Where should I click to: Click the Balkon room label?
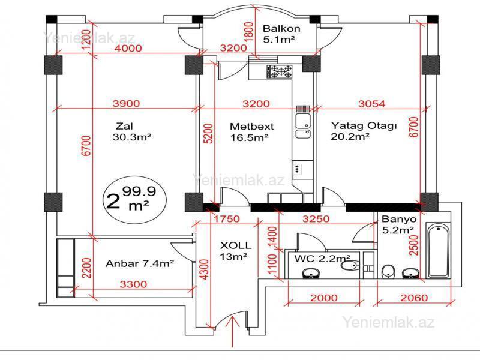point(281,29)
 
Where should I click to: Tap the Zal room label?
point(124,126)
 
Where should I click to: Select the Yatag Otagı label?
point(364,126)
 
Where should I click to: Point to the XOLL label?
point(236,245)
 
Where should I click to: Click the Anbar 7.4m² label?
point(140,263)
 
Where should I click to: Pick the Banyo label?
point(399,219)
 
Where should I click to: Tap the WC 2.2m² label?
point(322,259)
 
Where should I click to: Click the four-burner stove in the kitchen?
point(279,71)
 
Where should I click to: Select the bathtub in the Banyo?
point(439,250)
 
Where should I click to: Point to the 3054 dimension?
point(371,104)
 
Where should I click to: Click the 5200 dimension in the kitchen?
point(208,133)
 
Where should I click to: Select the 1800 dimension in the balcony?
point(250,32)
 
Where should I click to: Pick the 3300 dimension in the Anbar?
point(133,284)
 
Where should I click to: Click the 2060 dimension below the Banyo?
point(414,298)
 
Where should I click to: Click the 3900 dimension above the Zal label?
point(126,103)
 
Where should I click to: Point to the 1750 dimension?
point(227,219)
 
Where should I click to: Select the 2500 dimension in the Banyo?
point(413,245)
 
